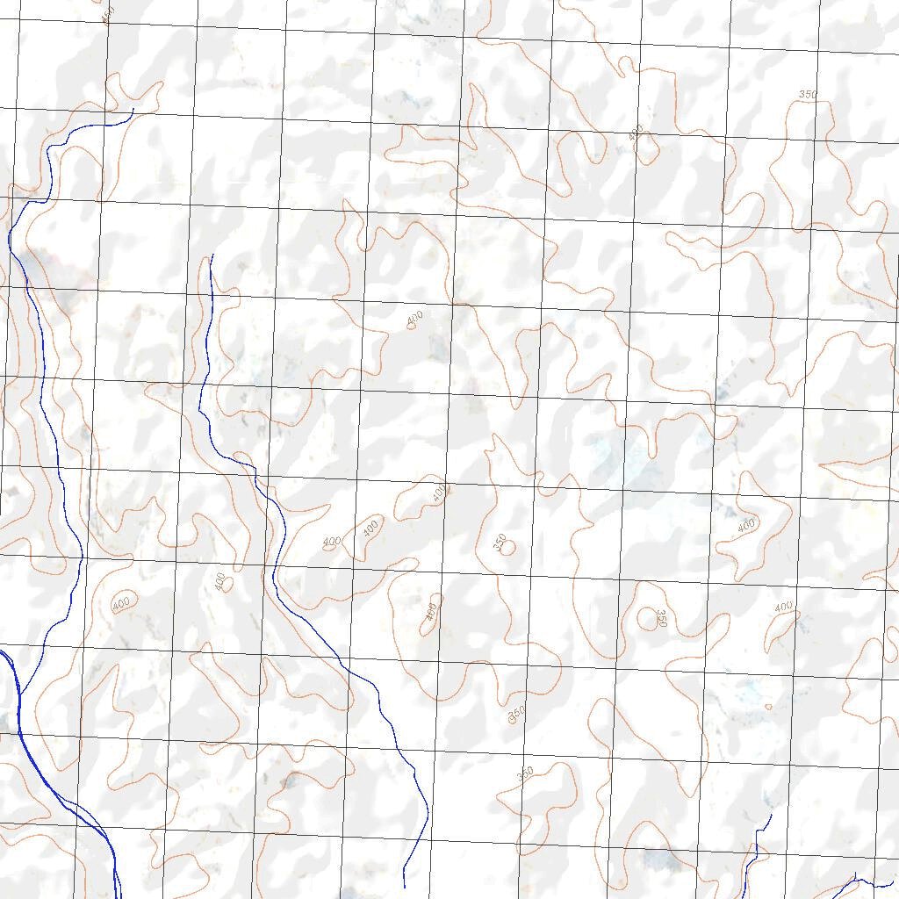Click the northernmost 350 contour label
point(808,94)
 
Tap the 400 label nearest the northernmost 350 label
point(636,132)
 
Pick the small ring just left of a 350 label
point(647,615)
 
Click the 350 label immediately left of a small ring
point(500,544)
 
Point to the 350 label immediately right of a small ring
point(661,619)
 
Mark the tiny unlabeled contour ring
point(768,706)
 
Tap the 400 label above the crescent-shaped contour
point(783,607)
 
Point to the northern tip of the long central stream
point(212,255)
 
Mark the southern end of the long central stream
point(405,886)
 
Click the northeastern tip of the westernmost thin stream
point(133,109)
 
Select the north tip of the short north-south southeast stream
point(770,816)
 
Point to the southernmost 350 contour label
point(525,773)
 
